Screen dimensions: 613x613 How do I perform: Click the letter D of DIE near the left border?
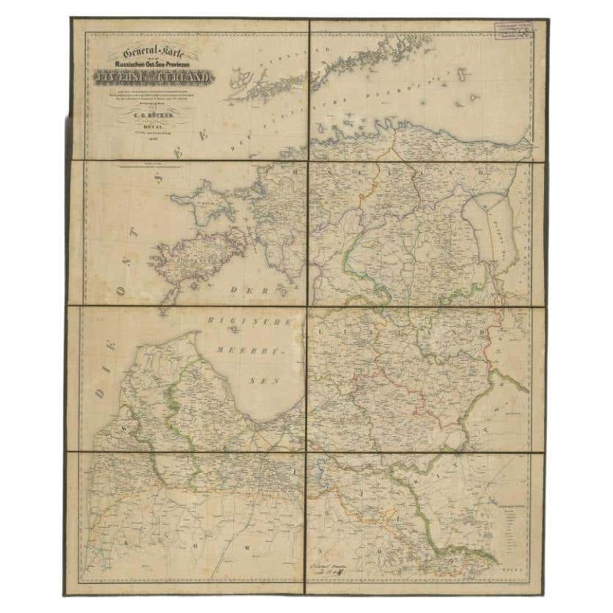point(98,395)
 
